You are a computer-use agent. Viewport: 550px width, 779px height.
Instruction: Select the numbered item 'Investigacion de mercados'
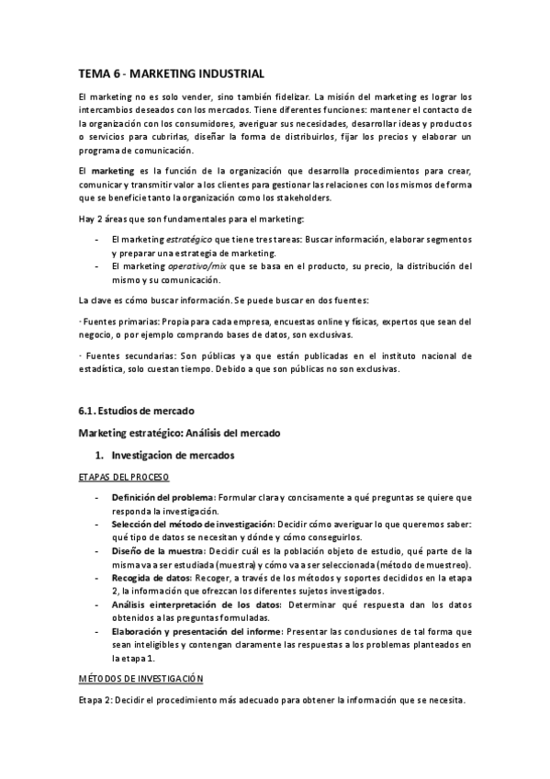pyautogui.click(x=173, y=455)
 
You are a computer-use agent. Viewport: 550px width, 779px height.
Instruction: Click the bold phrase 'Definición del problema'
pyautogui.click(x=163, y=497)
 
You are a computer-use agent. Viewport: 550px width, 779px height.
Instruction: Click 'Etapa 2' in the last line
pyautogui.click(x=96, y=700)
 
